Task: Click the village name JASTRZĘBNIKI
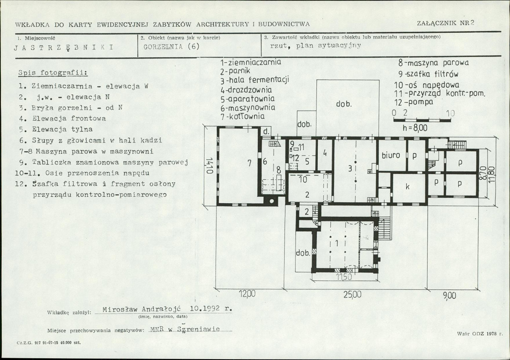(64, 48)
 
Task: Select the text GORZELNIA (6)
(171, 46)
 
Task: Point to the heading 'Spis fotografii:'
(53, 72)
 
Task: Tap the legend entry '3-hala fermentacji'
(255, 80)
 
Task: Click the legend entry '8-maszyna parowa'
(433, 63)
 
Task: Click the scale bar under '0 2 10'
(422, 120)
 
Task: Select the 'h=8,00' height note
(415, 128)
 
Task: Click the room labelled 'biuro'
(391, 155)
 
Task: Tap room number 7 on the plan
(250, 163)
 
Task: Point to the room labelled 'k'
(407, 187)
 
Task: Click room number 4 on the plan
(325, 153)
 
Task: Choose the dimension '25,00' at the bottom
(353, 295)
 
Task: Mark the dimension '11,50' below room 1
(343, 277)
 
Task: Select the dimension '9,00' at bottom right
(450, 296)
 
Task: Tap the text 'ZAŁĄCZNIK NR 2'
(445, 23)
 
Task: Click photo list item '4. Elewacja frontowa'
(63, 119)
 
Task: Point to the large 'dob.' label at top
(344, 104)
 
